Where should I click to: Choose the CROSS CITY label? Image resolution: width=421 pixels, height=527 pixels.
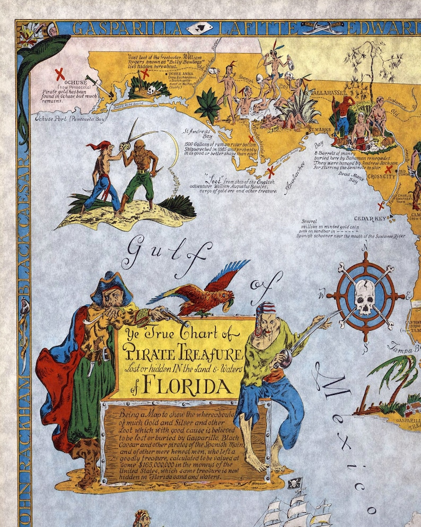pos(382,177)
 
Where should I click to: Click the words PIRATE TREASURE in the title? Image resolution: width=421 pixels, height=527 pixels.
pos(183,353)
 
